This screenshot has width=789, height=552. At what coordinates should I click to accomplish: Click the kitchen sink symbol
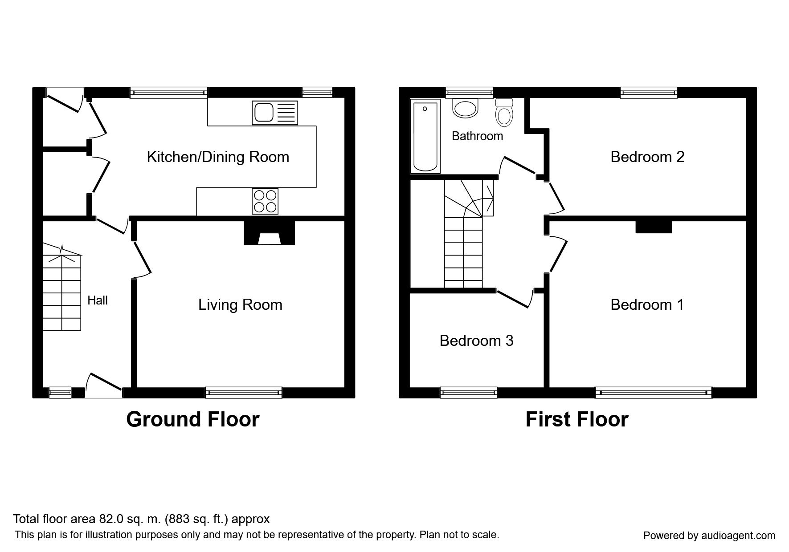(x=274, y=113)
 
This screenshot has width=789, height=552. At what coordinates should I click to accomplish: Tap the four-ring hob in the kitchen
(x=265, y=201)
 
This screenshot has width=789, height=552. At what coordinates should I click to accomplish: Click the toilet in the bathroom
(x=504, y=112)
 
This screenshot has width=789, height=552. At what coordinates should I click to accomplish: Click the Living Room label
(x=240, y=305)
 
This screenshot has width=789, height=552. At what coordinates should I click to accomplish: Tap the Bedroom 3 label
(x=476, y=341)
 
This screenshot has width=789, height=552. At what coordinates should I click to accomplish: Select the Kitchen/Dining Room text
(x=218, y=157)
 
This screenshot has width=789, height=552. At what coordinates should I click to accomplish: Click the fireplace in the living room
(x=269, y=234)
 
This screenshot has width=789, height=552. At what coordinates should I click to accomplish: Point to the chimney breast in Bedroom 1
(x=653, y=227)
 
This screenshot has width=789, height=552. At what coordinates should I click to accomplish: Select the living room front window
(x=244, y=392)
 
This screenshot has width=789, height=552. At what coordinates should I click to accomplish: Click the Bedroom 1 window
(x=653, y=392)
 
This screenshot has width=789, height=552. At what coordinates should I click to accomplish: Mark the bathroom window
(x=470, y=92)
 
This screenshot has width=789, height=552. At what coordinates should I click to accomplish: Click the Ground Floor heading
(x=192, y=419)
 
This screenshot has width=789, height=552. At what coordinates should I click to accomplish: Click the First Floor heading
(x=576, y=419)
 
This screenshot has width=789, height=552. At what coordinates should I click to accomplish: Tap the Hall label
(x=98, y=300)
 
